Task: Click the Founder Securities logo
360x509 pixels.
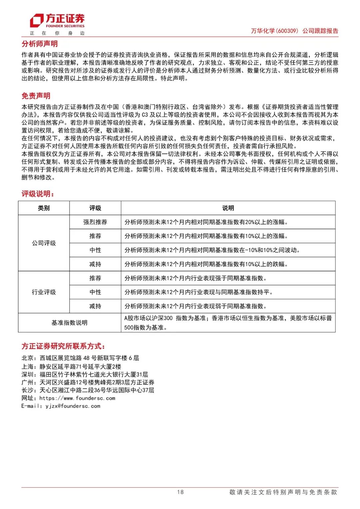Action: click(57, 21)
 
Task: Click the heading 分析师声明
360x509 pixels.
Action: click(40, 44)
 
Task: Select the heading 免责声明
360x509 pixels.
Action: click(36, 96)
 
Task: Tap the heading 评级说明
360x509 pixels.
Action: click(38, 194)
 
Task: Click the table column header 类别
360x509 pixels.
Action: click(44, 208)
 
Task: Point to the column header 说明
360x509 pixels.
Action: click(228, 208)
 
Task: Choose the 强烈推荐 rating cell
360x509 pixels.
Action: click(95, 222)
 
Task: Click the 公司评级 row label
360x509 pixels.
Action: click(44, 243)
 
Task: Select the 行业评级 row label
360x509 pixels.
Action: click(44, 292)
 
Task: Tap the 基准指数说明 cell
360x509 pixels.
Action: click(69, 323)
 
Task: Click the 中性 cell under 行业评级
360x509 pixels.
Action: click(95, 292)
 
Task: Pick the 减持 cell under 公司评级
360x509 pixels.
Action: click(95, 264)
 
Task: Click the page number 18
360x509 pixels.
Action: click(180, 492)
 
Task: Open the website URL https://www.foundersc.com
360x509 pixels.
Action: click(77, 398)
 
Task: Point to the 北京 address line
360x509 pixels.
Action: click(80, 358)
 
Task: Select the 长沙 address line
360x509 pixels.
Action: click(88, 390)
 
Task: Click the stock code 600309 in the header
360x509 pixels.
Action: click(287, 31)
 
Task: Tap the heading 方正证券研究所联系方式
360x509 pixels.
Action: click(63, 346)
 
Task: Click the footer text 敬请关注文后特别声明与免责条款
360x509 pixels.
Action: click(283, 492)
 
